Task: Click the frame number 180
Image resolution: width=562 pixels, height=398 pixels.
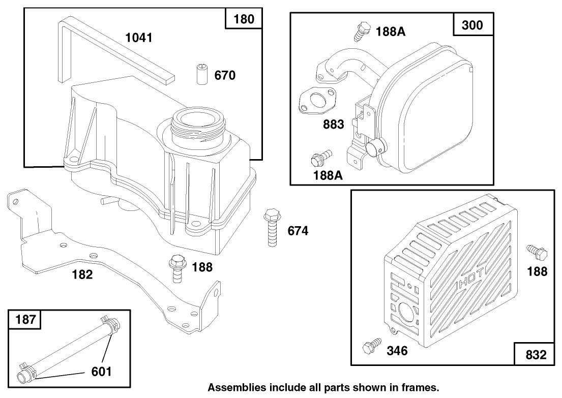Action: click(244, 20)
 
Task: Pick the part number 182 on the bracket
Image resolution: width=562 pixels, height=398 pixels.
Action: click(82, 275)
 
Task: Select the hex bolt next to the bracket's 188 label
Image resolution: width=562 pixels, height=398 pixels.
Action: click(177, 267)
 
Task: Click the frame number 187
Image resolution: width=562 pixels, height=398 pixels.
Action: click(26, 321)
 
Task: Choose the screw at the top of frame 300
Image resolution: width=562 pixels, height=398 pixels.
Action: click(361, 31)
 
